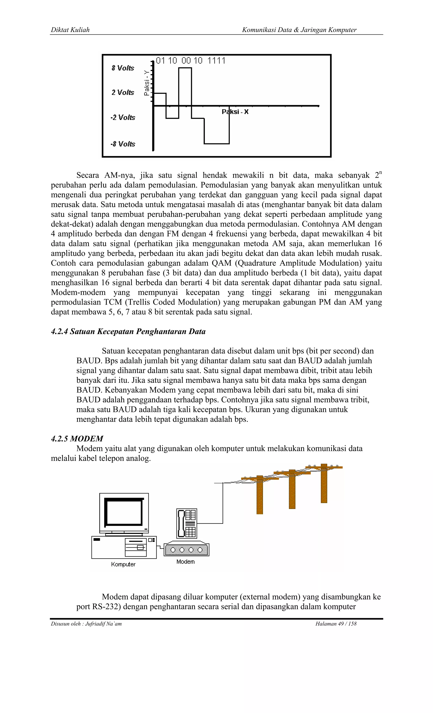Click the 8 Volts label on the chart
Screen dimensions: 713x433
tap(123, 68)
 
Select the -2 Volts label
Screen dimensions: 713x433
tap(123, 118)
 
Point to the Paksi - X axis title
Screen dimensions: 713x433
tap(235, 112)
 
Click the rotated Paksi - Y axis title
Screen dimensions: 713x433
tap(147, 83)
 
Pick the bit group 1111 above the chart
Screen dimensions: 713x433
tap(216, 61)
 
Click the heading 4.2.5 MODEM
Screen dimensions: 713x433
tap(77, 439)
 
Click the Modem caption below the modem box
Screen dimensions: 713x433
tap(186, 562)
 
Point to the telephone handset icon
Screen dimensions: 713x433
tap(181, 523)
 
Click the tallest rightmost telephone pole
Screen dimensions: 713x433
tap(324, 484)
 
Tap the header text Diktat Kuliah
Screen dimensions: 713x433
tap(70, 30)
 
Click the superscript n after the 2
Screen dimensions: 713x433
tap(381, 173)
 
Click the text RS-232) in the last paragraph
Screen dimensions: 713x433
tap(106, 606)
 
